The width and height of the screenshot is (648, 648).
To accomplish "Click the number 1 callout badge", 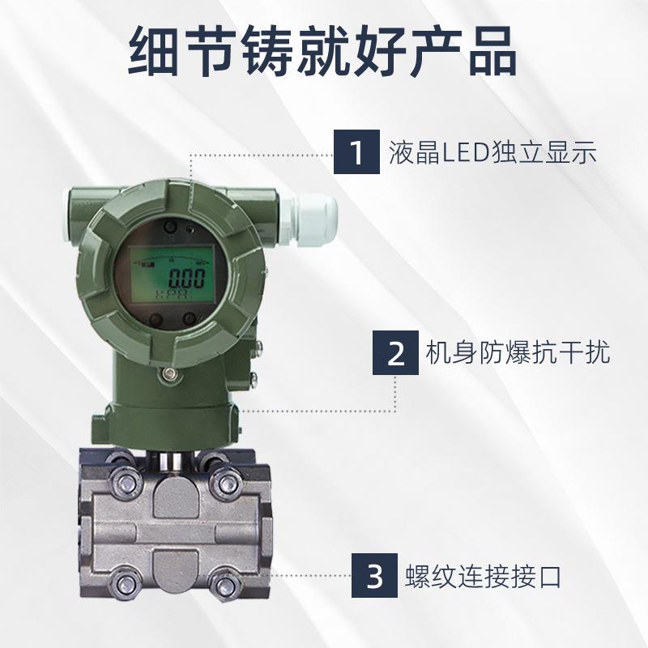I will click(x=357, y=151).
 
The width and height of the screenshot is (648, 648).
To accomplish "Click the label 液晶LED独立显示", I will click(x=493, y=151).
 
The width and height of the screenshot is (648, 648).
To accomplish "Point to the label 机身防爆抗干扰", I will click(x=518, y=353).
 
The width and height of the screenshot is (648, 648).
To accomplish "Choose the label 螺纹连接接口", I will click(x=483, y=578).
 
